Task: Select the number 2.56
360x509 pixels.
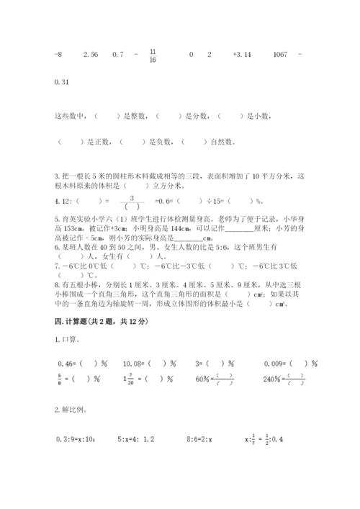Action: pyautogui.click(x=90, y=55)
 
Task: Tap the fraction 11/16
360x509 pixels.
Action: pyautogui.click(x=153, y=55)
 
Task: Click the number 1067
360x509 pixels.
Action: pyautogui.click(x=281, y=55)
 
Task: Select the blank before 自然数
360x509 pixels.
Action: pyautogui.click(x=192, y=142)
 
